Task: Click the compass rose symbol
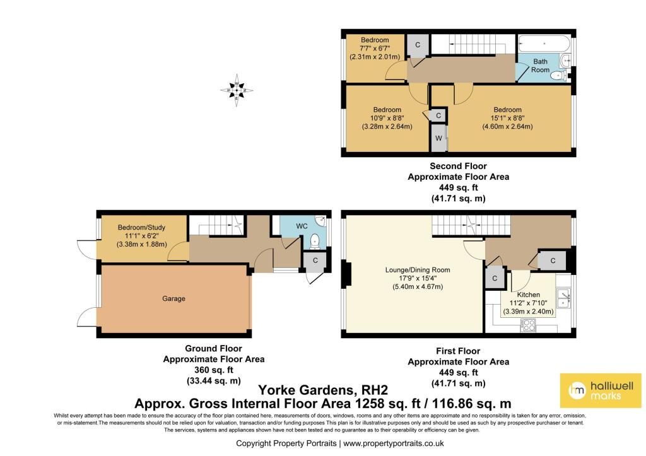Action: [x=237, y=90]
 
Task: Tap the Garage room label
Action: [x=173, y=299]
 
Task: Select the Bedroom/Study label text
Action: [x=141, y=228]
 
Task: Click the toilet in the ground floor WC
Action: [x=315, y=242]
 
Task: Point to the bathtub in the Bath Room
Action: [x=544, y=44]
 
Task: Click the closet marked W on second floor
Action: [x=438, y=138]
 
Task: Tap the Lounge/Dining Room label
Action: [x=418, y=270]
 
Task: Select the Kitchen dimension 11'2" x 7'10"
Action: [x=528, y=303]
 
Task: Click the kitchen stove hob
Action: [x=528, y=325]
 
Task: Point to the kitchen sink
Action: [x=563, y=298]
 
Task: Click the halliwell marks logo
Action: [x=601, y=390]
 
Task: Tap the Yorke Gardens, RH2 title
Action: [x=323, y=390]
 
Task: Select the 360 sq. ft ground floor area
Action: [x=213, y=370]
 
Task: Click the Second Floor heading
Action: [x=458, y=166]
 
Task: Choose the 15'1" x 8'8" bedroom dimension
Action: [x=508, y=118]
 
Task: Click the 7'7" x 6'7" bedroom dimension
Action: [x=375, y=48]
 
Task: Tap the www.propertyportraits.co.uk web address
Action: [x=394, y=443]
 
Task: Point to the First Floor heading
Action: [x=458, y=351]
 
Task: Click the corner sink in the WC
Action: [x=320, y=221]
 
